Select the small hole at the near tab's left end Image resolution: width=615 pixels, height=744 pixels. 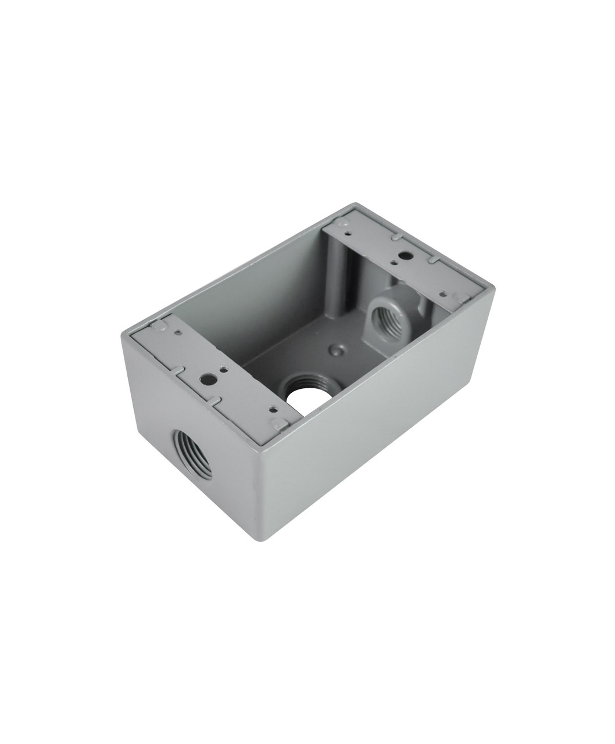click(x=178, y=332)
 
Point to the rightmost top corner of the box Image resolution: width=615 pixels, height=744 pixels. click(x=493, y=287)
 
